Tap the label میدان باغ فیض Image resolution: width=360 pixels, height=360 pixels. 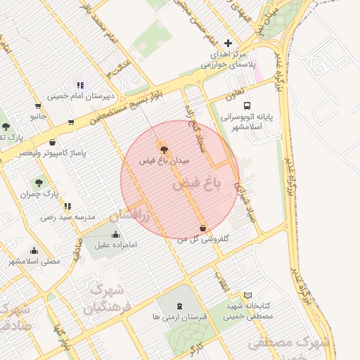pyautogui.click(x=165, y=160)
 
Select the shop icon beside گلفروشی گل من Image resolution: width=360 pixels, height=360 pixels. pyautogui.click(x=203, y=229)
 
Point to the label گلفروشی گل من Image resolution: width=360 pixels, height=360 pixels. pyautogui.click(x=203, y=239)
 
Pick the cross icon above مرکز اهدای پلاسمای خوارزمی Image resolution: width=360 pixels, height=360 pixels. pyautogui.click(x=228, y=43)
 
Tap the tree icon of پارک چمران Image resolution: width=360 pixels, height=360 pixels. pyautogui.click(x=38, y=182)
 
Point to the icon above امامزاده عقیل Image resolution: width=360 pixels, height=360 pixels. pyautogui.click(x=115, y=235)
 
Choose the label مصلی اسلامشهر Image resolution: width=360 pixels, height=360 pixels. pyautogui.click(x=35, y=261)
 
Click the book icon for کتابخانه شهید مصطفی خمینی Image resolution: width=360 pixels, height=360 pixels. pyautogui.click(x=247, y=295)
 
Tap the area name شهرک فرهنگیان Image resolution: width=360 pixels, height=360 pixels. pyautogui.click(x=105, y=298)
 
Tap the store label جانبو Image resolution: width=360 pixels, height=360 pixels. pyautogui.click(x=37, y=115)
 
